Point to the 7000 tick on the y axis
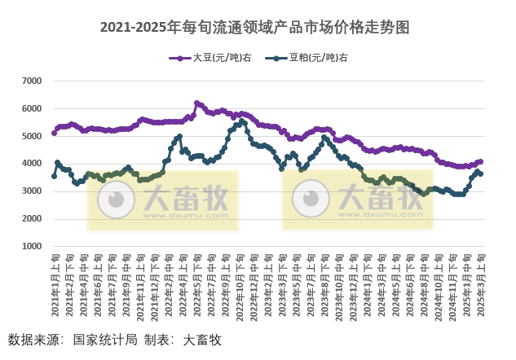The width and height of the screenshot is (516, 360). (x=32, y=81)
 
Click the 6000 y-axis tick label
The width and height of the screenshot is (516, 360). (x=32, y=108)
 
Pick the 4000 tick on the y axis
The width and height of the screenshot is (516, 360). (x=32, y=164)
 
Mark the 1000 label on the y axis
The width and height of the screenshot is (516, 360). (x=32, y=246)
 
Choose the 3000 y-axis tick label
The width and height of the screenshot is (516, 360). (x=32, y=191)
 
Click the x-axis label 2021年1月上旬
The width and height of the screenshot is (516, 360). (x=54, y=285)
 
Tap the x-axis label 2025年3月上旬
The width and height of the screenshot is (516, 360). (x=481, y=285)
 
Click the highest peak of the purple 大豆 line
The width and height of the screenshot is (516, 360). (x=196, y=103)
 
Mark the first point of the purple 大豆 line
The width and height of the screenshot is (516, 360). (x=54, y=133)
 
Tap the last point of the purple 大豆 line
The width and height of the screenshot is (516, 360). (x=481, y=161)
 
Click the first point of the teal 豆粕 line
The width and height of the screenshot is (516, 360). (x=54, y=176)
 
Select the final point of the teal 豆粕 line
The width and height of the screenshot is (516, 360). (x=481, y=173)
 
